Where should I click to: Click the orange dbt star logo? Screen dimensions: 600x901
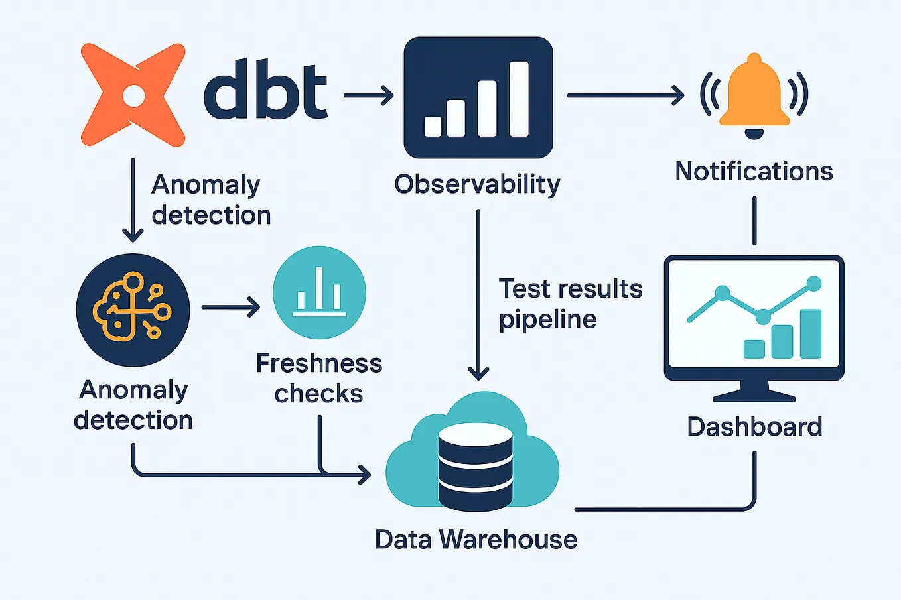(133, 95)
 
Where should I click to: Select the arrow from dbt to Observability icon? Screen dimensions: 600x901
(369, 95)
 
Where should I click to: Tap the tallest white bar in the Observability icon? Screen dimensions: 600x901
(519, 99)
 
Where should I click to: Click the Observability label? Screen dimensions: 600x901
(477, 184)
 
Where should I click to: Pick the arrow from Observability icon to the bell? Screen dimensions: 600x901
(625, 95)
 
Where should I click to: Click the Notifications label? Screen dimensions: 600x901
(754, 172)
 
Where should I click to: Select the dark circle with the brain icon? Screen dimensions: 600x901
(133, 310)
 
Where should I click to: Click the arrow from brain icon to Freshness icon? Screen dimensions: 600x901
(230, 307)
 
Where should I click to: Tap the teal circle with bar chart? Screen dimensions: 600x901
(319, 292)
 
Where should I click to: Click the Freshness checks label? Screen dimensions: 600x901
(319, 378)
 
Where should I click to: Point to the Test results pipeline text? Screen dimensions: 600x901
(569, 304)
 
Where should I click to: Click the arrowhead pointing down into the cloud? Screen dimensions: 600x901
(478, 373)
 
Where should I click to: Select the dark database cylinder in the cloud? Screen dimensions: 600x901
(476, 467)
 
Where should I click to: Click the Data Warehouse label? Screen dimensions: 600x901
(476, 540)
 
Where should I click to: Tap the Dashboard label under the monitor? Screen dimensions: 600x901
(754, 426)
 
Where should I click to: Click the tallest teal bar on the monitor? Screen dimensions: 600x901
(810, 333)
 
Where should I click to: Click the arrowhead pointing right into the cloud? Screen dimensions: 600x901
(364, 475)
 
